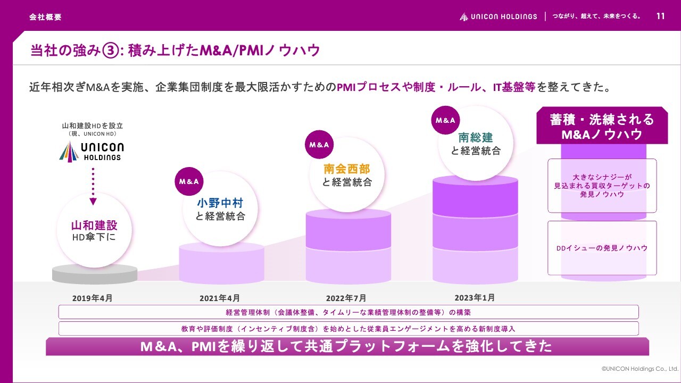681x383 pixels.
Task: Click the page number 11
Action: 660,16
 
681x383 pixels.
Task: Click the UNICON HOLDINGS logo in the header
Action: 499,16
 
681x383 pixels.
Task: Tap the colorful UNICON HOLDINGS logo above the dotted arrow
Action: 91,152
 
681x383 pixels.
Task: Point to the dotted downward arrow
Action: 93,187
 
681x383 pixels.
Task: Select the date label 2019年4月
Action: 92,298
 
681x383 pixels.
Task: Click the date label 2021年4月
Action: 220,298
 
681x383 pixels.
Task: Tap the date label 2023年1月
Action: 475,297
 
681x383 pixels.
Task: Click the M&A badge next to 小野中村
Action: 189,181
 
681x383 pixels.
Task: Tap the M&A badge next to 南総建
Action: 445,120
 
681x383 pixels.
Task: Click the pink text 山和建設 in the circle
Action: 94,225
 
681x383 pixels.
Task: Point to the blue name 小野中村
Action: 220,203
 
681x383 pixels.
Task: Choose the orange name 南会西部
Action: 347,169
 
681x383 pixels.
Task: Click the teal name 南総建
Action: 476,138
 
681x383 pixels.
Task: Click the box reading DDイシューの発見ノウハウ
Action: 602,248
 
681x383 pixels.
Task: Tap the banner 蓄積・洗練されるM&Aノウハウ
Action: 602,127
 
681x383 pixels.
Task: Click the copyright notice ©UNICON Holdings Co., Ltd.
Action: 640,368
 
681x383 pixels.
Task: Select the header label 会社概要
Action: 46,17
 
